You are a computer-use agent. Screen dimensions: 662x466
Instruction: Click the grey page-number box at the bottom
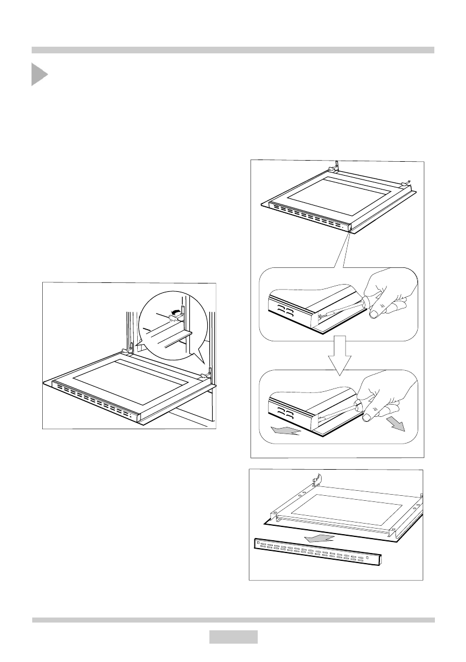coord(233,636)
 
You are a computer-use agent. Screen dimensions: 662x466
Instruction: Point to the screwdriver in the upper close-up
coord(339,311)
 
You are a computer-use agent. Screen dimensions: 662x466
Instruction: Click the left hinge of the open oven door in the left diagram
coord(127,349)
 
